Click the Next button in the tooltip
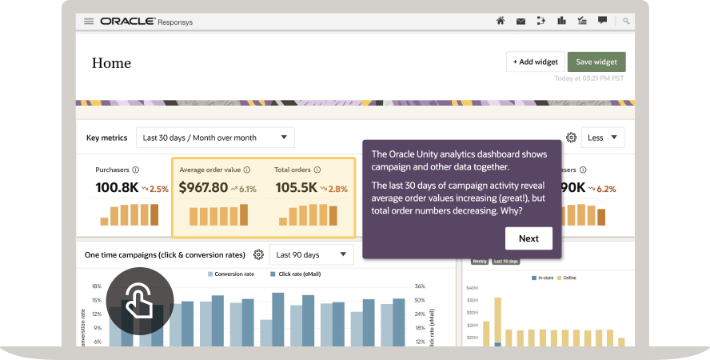click(529, 238)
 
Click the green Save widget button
click(596, 62)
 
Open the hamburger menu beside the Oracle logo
click(89, 21)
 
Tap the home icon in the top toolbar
click(501, 21)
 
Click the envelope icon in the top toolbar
click(521, 21)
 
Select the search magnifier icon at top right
click(626, 21)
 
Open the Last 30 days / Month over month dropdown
click(214, 138)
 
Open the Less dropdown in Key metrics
click(602, 138)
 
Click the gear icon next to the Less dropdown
click(571, 138)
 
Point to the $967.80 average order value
click(203, 189)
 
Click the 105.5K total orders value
click(296, 189)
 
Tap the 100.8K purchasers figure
click(116, 189)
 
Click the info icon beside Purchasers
click(135, 170)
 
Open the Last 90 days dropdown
click(311, 255)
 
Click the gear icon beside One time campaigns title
click(258, 255)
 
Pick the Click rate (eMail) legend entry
click(299, 274)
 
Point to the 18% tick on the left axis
click(96, 286)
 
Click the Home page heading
click(111, 63)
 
